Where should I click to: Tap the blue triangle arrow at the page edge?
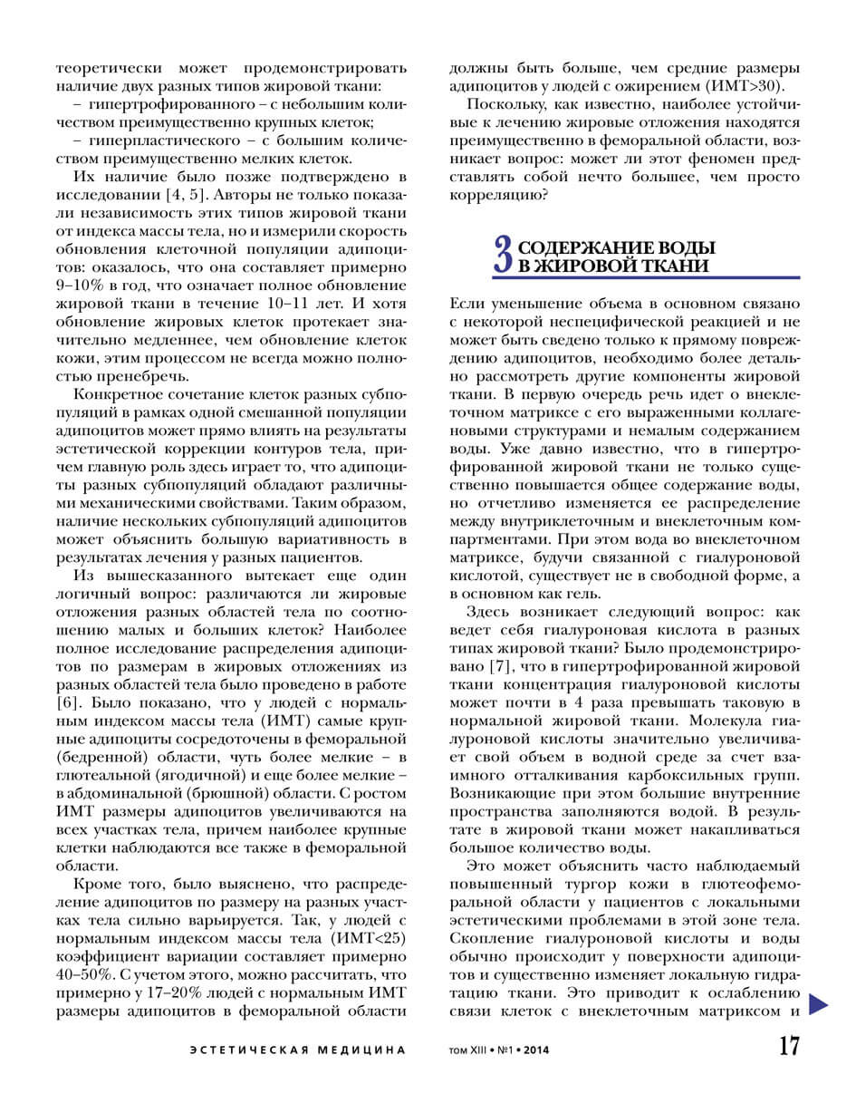(x=819, y=1003)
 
